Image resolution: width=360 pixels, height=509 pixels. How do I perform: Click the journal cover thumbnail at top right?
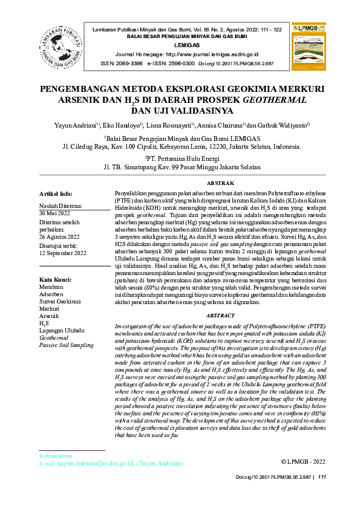(309, 44)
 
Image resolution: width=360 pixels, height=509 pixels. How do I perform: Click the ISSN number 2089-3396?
(129, 63)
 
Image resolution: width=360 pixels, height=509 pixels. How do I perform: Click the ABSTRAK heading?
(220, 183)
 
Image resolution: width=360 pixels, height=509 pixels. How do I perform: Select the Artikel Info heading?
(56, 194)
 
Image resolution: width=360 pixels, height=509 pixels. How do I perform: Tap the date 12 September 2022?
(63, 253)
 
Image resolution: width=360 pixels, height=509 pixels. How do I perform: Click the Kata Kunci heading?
(56, 279)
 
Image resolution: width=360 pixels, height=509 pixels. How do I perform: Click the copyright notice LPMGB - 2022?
(303, 462)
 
